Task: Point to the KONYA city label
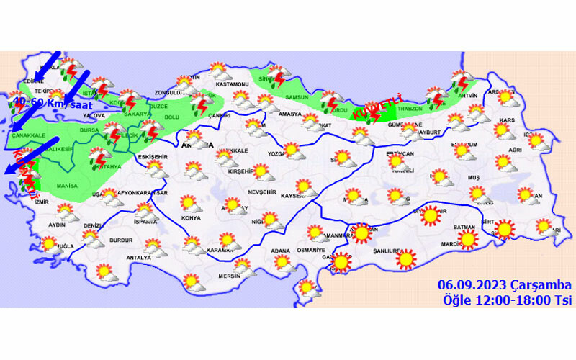tap(191, 217)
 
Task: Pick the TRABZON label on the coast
tap(409, 109)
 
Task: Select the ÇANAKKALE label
tap(28, 134)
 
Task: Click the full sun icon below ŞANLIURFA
tap(407, 258)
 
